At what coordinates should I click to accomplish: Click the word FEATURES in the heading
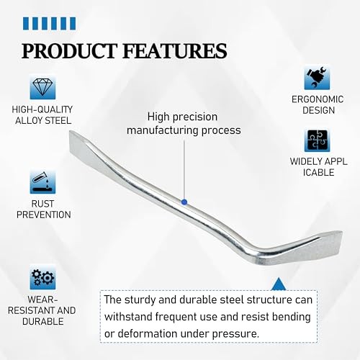pos(176,50)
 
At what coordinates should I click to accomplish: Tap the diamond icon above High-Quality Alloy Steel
pos(42,87)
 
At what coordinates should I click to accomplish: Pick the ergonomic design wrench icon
pos(318,78)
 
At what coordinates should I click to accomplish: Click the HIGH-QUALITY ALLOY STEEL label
pos(42,115)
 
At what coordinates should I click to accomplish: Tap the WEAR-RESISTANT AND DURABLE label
pos(42,311)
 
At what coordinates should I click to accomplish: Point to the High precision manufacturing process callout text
pos(184,123)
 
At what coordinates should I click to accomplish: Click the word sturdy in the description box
pos(143,299)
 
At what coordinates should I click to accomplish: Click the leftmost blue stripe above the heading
pos(27,24)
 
